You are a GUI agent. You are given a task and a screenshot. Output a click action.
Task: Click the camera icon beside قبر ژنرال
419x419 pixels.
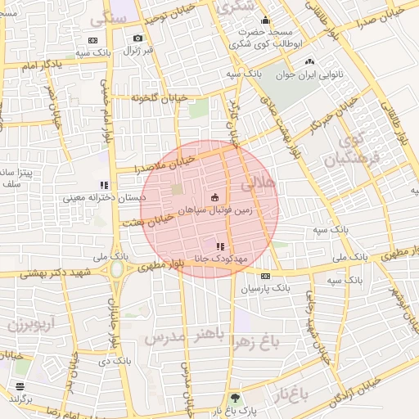tap(137, 38)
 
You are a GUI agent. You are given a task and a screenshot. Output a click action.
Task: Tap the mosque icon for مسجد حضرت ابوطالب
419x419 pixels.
tap(264, 21)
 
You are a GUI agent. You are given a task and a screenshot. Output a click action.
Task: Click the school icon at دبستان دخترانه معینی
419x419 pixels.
tap(104, 185)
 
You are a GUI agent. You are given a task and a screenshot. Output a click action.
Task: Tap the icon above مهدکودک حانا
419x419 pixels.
tap(219, 246)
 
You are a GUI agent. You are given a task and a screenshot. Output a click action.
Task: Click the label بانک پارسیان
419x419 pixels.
tap(265, 289)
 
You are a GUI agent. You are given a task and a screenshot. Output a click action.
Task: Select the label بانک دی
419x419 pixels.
tap(114, 360)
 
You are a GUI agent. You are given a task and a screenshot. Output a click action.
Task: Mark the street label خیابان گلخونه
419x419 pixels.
tap(160, 97)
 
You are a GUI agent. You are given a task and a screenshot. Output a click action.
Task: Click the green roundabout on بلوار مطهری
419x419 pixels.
tap(117, 269)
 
